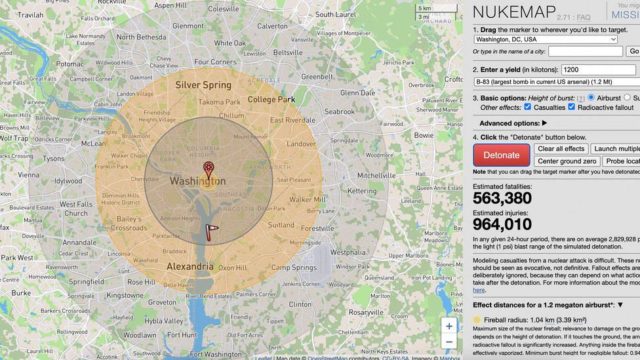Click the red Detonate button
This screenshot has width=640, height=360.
coord(501,155)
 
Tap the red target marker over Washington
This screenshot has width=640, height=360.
coord(209,169)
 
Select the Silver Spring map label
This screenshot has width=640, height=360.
coord(203,85)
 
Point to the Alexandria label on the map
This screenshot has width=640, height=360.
coord(190,267)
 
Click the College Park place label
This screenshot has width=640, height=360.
coord(271,100)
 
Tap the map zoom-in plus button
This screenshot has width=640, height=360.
coord(449,326)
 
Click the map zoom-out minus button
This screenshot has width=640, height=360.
coord(449,342)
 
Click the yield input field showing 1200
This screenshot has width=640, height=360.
coord(598,70)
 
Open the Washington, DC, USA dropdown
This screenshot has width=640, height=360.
coord(546,39)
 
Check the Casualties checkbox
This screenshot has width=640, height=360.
coord(528,107)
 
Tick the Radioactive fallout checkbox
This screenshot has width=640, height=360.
coord(572,107)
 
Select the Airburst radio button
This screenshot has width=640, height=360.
coord(591,98)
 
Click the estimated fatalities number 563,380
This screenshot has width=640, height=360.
coord(502,199)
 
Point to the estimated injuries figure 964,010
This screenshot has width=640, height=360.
coord(502,225)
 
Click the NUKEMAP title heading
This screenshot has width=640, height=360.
coord(513,12)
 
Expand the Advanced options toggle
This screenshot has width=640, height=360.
coord(513,123)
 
